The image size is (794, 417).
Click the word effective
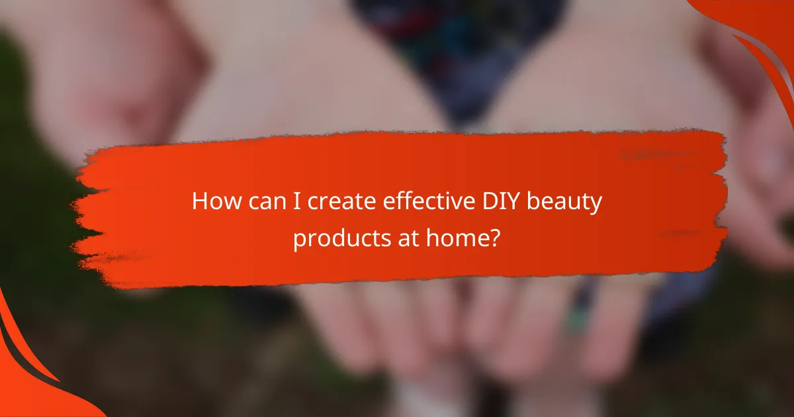pyautogui.click(x=412, y=203)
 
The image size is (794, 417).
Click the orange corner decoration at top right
pyautogui.click(x=761, y=33)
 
